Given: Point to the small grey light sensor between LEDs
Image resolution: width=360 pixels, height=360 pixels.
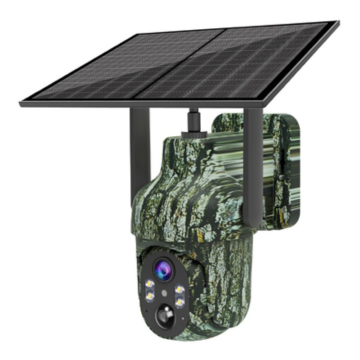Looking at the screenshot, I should point(165,292).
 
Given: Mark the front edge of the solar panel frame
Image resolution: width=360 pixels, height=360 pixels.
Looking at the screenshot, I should point(135,105).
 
